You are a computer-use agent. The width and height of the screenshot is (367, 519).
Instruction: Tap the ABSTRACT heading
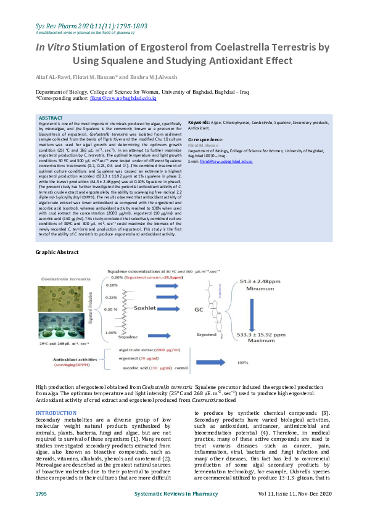click(50, 118)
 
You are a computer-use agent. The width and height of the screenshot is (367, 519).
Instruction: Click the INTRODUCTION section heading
click(56, 412)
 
